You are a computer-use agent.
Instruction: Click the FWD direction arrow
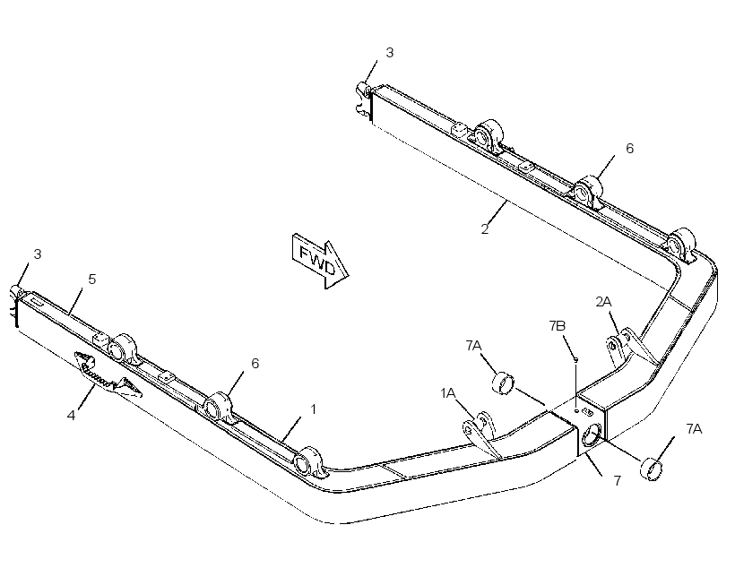pos(321,262)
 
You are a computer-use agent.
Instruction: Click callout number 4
pos(71,415)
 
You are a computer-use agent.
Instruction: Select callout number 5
pos(91,280)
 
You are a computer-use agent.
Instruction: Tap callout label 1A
pos(447,393)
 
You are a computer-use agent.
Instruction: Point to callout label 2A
pos(604,302)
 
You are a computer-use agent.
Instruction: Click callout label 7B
pos(558,326)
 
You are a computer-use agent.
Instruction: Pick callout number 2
pos(485,229)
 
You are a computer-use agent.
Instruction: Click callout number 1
pos(313,409)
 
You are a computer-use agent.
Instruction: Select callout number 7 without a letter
pos(618,481)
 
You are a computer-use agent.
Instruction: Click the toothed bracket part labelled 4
pos(107,373)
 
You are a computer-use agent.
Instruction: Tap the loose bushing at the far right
pos(651,469)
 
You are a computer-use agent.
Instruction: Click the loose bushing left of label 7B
pos(503,382)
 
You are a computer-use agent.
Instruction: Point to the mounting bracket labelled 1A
pos(481,433)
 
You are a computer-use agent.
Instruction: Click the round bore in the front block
pos(592,434)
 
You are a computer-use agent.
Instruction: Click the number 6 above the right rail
pos(629,149)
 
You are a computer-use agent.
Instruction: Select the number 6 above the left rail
pos(255,363)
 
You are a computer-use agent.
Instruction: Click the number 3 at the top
pos(390,53)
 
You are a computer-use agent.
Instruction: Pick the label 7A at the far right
pos(695,429)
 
